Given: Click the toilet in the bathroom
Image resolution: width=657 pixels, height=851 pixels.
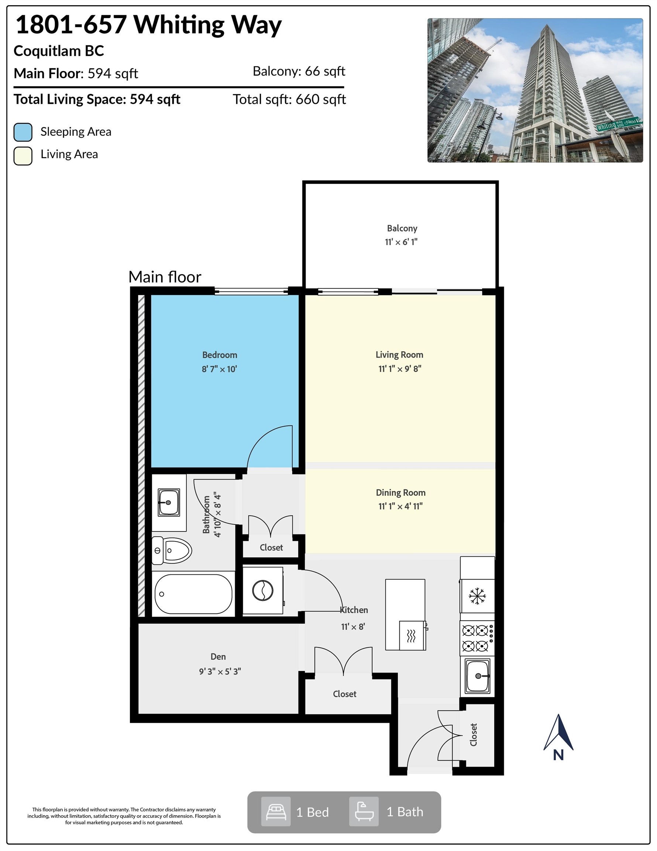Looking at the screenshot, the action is coord(171,550).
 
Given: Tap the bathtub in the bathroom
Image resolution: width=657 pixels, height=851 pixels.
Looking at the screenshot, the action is coord(193,594).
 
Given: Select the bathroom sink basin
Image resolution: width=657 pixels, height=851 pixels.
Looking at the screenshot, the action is coord(169,502).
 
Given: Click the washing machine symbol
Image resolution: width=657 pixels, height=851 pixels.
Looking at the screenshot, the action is coord(263,591).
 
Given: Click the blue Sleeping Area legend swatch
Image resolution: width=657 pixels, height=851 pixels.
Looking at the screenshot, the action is coord(23,132).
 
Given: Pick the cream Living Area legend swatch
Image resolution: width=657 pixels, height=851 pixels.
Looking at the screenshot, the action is coord(23,156).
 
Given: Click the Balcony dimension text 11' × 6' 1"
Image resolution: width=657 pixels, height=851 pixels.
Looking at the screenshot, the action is coord(401,242).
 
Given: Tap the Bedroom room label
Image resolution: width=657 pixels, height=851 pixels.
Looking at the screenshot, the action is coord(220,355).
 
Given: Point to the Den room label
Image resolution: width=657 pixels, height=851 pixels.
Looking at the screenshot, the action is coord(218,657).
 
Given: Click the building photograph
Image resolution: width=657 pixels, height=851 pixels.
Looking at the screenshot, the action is coord(535,90).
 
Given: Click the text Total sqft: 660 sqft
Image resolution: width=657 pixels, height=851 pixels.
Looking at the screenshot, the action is coord(289,99).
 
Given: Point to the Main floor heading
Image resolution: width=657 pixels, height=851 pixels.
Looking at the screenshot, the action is coord(165,277).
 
